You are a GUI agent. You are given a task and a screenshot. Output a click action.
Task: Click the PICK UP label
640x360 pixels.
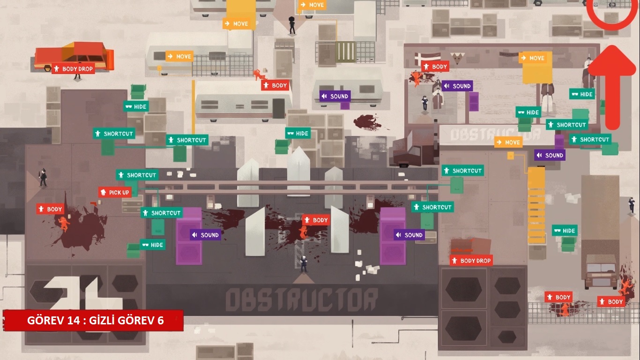coord(114,192)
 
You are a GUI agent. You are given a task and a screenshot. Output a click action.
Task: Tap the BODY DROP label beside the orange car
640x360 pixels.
coord(73,68)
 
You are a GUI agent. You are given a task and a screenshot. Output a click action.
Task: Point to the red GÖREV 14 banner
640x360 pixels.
coord(93,321)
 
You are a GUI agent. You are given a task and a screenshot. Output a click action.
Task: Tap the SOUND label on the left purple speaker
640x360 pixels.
coord(205,235)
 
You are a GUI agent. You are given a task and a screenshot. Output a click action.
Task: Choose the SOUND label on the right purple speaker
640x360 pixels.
coord(409,235)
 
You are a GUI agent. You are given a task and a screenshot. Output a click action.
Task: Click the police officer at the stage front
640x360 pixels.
coord(304,264)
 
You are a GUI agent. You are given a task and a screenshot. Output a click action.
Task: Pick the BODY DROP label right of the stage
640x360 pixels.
coord(471,261)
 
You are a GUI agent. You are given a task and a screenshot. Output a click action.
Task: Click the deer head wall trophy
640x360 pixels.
coord(455,59)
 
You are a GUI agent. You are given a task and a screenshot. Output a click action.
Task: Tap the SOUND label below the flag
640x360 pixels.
coord(457,86)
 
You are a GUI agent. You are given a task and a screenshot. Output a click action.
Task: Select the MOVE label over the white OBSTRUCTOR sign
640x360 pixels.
coord(508,142)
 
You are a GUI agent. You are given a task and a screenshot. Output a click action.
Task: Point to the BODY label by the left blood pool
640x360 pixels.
coord(50,209)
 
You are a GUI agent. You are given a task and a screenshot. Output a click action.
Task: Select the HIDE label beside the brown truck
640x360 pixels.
coord(565,230)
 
